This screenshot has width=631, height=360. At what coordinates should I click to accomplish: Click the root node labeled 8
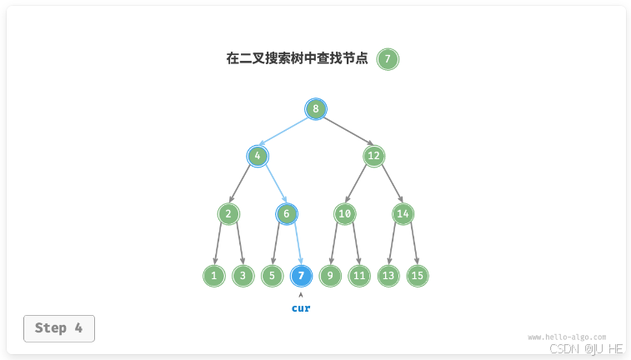point(316,109)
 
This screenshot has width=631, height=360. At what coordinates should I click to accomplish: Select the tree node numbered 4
point(258,156)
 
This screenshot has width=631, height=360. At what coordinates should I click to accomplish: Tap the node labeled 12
point(373,156)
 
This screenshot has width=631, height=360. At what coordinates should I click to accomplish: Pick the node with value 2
point(228,214)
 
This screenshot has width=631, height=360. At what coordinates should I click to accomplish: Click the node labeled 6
point(287,214)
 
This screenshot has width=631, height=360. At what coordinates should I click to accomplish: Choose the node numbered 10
point(345,214)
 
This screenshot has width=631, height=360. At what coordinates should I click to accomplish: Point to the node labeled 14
point(403,214)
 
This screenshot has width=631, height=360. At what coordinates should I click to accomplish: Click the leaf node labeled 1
point(214,276)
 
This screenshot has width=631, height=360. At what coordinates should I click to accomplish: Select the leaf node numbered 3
point(243,276)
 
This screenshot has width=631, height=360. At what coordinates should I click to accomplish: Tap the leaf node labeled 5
point(272,276)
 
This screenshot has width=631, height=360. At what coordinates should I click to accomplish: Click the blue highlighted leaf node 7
point(301,276)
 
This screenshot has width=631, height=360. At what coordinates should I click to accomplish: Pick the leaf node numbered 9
point(330,276)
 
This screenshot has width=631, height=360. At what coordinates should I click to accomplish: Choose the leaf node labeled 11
point(359,276)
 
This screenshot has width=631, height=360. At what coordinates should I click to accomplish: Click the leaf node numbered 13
point(388,276)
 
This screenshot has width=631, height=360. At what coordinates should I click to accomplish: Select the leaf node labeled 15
point(418,276)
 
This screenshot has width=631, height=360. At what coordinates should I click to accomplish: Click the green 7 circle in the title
point(388,59)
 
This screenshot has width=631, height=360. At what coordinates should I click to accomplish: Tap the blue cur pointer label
point(301,308)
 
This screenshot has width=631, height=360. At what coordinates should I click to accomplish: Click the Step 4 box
point(59,328)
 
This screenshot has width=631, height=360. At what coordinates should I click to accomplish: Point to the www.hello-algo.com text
point(567,337)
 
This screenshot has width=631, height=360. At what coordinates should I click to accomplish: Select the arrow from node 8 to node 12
point(345,132)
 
